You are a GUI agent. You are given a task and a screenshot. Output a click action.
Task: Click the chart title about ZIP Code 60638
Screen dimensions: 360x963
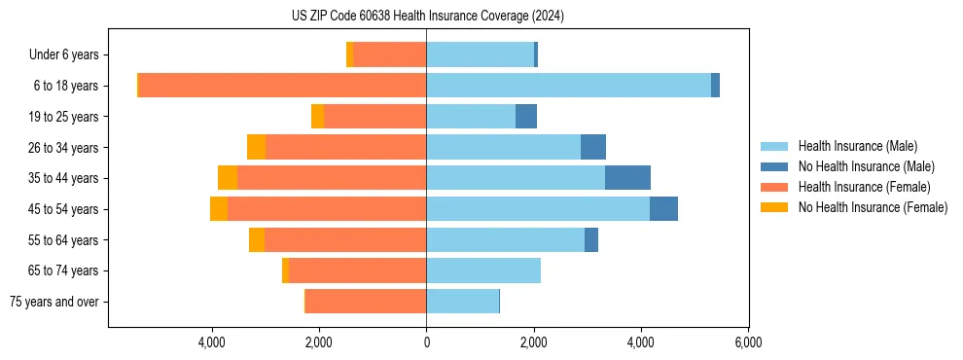(x=427, y=17)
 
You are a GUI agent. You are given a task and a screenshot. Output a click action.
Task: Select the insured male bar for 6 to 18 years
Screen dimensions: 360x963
(x=568, y=86)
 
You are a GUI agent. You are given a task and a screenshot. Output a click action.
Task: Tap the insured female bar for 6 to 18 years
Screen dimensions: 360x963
(x=282, y=86)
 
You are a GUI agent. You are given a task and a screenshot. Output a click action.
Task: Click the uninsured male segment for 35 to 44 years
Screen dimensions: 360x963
(x=627, y=178)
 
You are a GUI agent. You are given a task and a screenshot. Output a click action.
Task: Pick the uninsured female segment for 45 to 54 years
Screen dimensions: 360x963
(x=219, y=209)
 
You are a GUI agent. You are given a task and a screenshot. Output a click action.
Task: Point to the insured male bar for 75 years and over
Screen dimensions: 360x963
(x=462, y=302)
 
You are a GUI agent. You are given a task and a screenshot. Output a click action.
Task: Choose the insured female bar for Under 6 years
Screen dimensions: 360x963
(x=389, y=54)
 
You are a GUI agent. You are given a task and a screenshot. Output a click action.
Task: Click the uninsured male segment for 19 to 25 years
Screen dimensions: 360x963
(x=526, y=117)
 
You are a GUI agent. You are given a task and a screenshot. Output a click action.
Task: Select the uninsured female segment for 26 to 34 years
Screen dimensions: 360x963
(x=256, y=147)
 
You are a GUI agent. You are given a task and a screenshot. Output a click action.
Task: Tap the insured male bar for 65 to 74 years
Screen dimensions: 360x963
(x=483, y=270)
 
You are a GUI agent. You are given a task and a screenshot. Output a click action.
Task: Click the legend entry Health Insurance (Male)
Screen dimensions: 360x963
(x=857, y=146)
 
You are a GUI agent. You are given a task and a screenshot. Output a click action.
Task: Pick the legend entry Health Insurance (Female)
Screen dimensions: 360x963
(x=864, y=187)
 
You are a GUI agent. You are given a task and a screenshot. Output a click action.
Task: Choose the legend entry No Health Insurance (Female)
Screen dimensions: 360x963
(x=873, y=207)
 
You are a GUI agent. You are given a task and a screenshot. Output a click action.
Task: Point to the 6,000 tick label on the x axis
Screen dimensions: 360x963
(x=747, y=342)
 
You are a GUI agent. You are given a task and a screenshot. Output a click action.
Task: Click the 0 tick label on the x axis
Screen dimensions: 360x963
(x=426, y=342)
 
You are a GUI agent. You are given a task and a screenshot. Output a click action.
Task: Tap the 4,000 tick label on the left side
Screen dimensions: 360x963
(x=212, y=342)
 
